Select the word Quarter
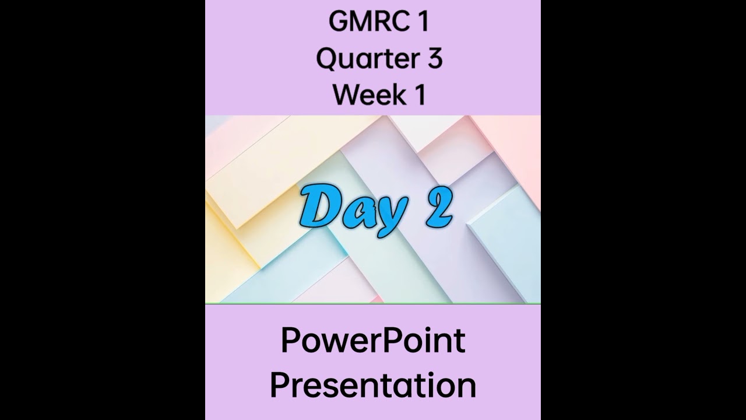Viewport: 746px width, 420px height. click(x=364, y=59)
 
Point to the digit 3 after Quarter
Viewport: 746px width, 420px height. click(x=434, y=59)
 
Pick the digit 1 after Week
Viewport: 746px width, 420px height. click(x=419, y=95)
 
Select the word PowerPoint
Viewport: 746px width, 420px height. click(x=373, y=341)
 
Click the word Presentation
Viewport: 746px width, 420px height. click(x=373, y=386)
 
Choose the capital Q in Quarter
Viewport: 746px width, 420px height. click(x=328, y=59)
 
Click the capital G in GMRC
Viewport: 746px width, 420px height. click(x=339, y=22)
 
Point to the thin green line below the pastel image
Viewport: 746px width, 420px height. click(x=373, y=303)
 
